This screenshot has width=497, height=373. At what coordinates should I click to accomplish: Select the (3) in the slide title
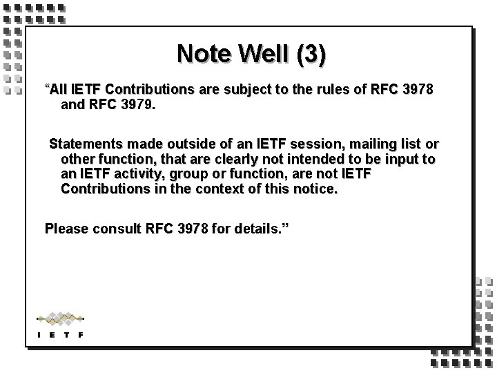(309, 54)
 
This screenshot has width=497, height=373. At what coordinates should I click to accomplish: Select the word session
(313, 145)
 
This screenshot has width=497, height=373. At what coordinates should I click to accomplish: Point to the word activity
(137, 174)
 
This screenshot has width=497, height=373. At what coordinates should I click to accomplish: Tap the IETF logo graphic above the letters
(61, 318)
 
